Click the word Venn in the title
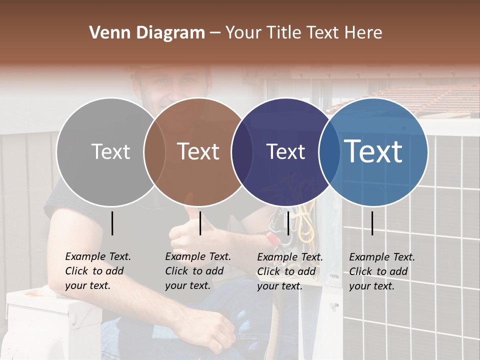pyautogui.click(x=107, y=33)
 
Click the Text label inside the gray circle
pyautogui.click(x=110, y=152)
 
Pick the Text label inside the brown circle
pyautogui.click(x=198, y=152)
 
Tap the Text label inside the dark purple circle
pyautogui.click(x=285, y=152)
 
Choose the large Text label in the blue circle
pyautogui.click(x=373, y=151)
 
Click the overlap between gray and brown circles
pyautogui.click(x=154, y=152)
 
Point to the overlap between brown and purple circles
pyautogui.click(x=242, y=152)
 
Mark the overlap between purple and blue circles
pyautogui.click(x=329, y=152)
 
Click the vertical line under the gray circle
pyautogui.click(x=112, y=223)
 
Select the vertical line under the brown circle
pyautogui.click(x=200, y=223)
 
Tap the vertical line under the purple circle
pyautogui.click(x=288, y=223)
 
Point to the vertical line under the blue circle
pyautogui.click(x=372, y=223)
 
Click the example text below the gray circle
pyautogui.click(x=97, y=271)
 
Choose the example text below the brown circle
pyautogui.click(x=197, y=271)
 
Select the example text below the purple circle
pyautogui.click(x=289, y=271)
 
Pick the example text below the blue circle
pyautogui.click(x=381, y=271)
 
